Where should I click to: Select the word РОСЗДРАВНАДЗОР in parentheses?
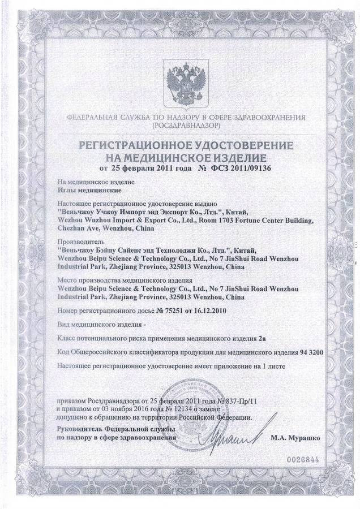tap(180, 125)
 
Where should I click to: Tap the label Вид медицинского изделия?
tap(98, 325)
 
